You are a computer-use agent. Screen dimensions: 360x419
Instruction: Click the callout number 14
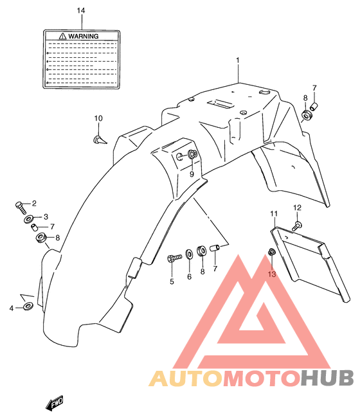(81, 10)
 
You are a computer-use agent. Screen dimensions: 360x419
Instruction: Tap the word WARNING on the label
(84, 37)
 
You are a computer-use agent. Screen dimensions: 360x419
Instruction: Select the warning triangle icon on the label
(62, 36)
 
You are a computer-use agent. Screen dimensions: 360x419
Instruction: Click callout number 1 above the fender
(238, 60)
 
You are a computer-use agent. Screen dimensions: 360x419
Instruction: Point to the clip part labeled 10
(100, 139)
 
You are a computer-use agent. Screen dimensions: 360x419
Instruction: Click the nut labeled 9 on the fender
(193, 154)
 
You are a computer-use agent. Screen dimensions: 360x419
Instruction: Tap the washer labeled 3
(29, 220)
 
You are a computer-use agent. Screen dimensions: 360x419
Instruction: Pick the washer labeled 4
(28, 306)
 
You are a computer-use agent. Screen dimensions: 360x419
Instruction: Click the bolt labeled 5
(174, 258)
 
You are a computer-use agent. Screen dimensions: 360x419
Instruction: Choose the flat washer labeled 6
(189, 254)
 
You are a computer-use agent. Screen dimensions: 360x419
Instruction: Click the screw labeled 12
(296, 226)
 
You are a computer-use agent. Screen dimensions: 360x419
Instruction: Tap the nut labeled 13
(271, 252)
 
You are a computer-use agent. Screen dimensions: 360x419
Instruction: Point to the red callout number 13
(272, 274)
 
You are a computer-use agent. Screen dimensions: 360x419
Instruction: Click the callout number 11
(274, 214)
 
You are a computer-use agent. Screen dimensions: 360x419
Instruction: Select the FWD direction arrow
(55, 403)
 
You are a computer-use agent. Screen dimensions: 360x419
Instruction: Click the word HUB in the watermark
(327, 378)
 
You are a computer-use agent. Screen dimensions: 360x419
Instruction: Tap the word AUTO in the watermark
(186, 379)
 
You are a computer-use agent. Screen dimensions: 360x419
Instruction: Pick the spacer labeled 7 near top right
(314, 107)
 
